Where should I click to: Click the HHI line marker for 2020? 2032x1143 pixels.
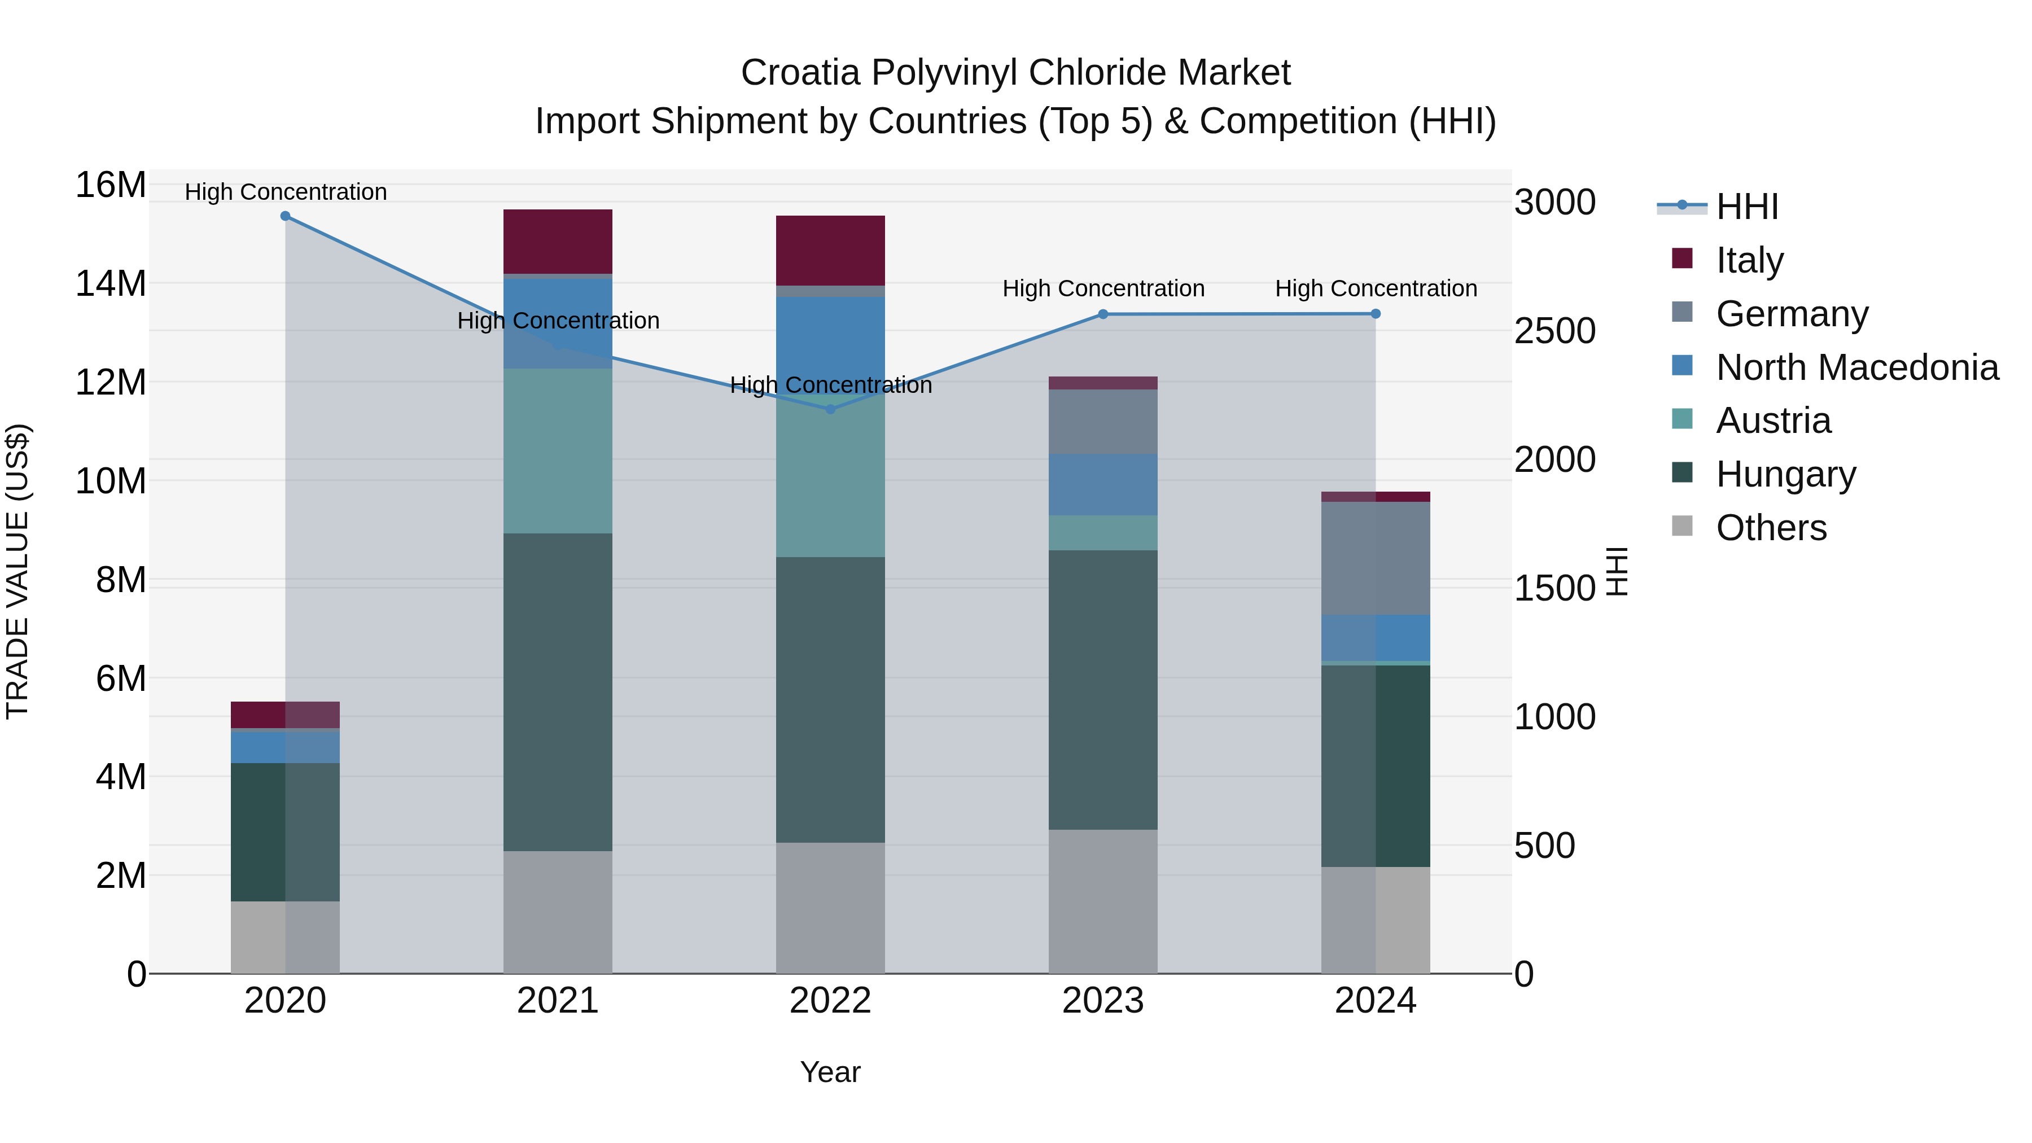point(286,216)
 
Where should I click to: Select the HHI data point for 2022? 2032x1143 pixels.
point(830,409)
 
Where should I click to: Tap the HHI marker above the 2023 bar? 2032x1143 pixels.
point(1103,314)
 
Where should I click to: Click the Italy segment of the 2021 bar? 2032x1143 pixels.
point(558,242)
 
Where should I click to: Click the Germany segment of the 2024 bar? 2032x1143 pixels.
point(1375,558)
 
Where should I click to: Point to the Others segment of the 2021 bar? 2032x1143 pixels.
point(558,912)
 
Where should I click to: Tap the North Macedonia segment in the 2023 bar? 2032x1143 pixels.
point(1103,484)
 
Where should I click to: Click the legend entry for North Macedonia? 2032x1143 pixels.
point(1857,367)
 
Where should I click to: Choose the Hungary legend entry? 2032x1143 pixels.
point(1786,474)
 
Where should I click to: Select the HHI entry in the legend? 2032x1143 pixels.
point(1746,207)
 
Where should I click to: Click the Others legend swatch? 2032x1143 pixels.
point(1682,526)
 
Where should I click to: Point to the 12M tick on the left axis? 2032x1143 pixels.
point(111,383)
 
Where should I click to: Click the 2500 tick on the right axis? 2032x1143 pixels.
point(1554,331)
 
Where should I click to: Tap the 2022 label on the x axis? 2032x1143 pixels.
point(830,1001)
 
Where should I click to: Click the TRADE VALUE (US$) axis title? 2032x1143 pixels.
point(17,571)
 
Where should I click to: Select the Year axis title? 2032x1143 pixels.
point(830,1072)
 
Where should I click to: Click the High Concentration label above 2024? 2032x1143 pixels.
point(1376,288)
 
